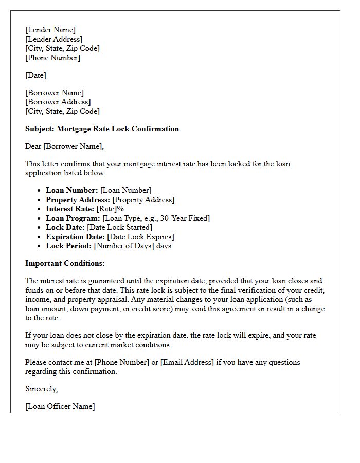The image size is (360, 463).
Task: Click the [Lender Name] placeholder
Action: pyautogui.click(x=50, y=30)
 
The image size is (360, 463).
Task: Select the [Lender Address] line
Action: pyautogui.click(x=53, y=39)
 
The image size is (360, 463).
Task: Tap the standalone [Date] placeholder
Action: pyautogui.click(x=35, y=75)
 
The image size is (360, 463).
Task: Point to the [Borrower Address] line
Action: pyautogui.click(x=58, y=102)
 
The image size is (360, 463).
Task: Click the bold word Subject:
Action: pyautogui.click(x=40, y=129)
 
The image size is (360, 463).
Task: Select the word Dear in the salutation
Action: pyautogui.click(x=33, y=146)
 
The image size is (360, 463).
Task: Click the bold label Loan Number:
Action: pyautogui.click(x=71, y=190)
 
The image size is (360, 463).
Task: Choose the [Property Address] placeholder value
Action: pyautogui.click(x=143, y=200)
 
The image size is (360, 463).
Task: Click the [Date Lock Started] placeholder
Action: pyautogui.click(x=120, y=227)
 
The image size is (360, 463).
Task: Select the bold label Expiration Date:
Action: pyautogui.click(x=75, y=237)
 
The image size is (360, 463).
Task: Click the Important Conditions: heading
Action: pyautogui.click(x=65, y=263)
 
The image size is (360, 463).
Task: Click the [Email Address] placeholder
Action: pyautogui.click(x=187, y=362)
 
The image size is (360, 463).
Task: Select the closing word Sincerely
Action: pyautogui.click(x=41, y=389)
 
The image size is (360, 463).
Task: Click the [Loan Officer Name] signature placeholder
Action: pyautogui.click(x=60, y=406)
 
